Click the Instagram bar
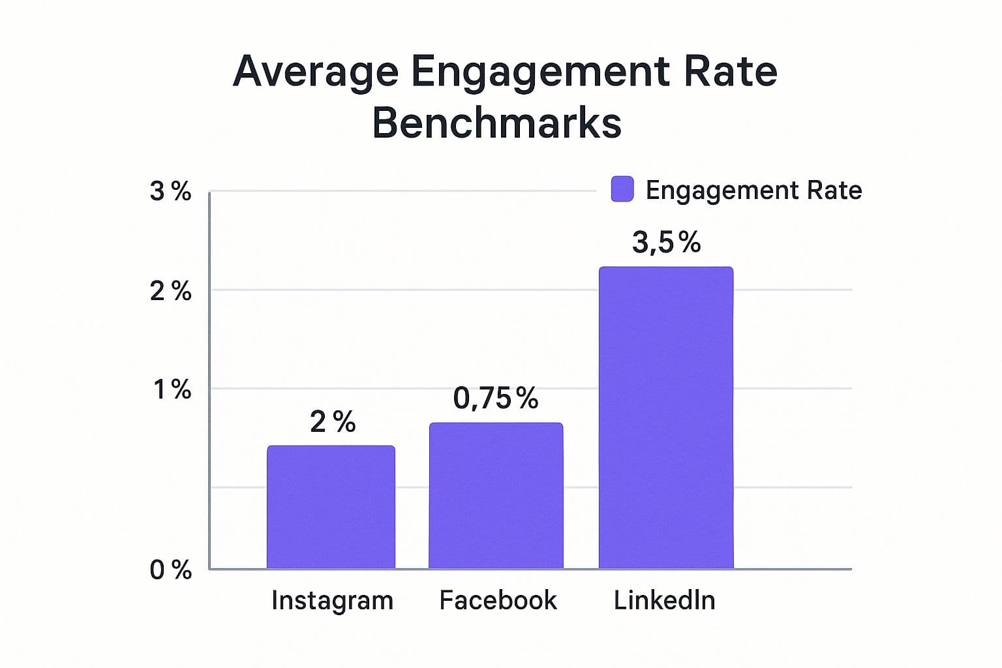[x=331, y=507]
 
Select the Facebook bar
[x=496, y=496]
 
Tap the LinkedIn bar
[x=666, y=417]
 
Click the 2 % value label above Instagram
[x=333, y=422]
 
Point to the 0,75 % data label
[x=496, y=398]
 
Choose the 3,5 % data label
[x=666, y=243]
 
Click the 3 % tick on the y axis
[x=170, y=191]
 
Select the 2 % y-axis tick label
[x=170, y=291]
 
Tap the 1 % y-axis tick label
[x=172, y=390]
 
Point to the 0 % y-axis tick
[x=170, y=570]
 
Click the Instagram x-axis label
[x=332, y=600]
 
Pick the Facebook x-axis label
[x=498, y=600]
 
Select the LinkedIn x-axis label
[x=664, y=600]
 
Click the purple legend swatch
[x=622, y=189]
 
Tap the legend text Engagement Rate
[x=753, y=190]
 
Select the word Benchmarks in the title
[x=496, y=123]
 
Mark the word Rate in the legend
[x=834, y=190]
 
